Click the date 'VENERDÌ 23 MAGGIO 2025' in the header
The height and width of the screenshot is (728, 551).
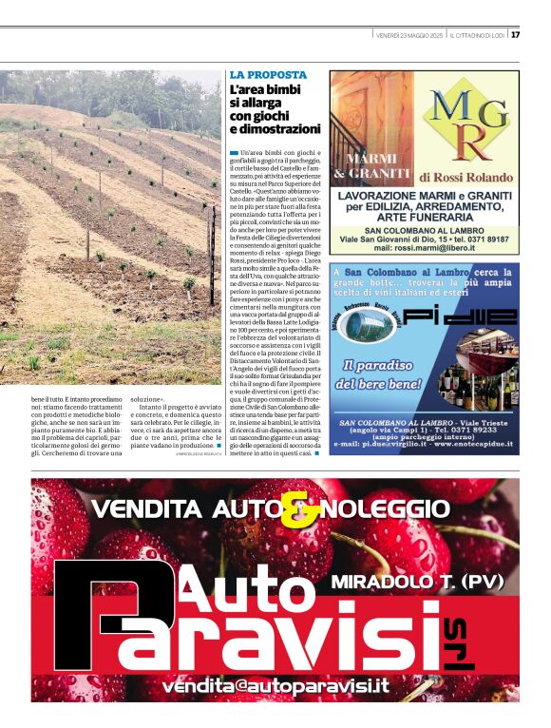pyautogui.click(x=409, y=35)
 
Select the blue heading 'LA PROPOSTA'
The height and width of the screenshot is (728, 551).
pyautogui.click(x=268, y=74)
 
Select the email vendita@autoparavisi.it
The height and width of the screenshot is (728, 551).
pyautogui.click(x=275, y=685)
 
